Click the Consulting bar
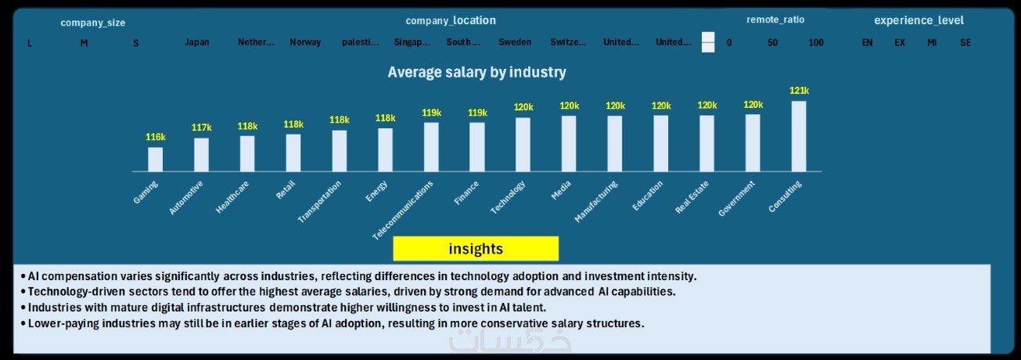pos(799,136)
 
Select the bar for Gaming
pos(156,159)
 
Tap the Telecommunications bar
pos(431,147)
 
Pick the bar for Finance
pos(477,147)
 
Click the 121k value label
pos(799,91)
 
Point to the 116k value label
pos(156,137)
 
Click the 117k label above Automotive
pos(202,128)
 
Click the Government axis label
pos(737,199)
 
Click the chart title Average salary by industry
pos(477,72)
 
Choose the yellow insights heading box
pos(476,249)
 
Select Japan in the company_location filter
pos(197,42)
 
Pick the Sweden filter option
pos(515,42)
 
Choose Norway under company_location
pos(305,42)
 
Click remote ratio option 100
pos(816,42)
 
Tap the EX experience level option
pos(900,42)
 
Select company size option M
pos(84,43)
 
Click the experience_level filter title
pos(919,20)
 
